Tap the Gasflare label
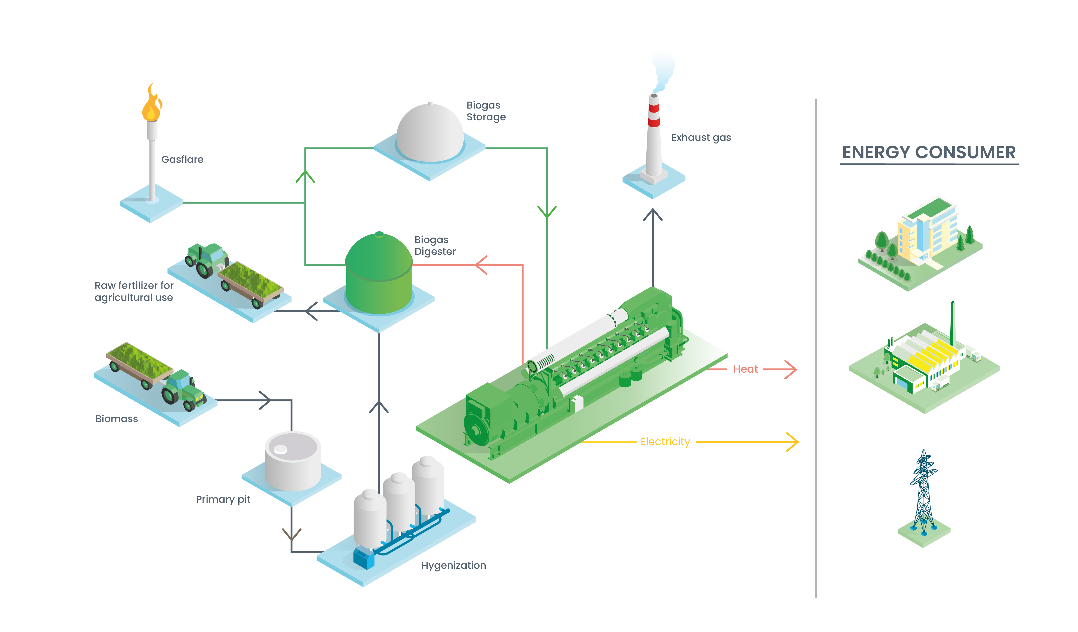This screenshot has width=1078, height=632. coord(182,159)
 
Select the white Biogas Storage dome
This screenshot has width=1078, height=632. coord(430,133)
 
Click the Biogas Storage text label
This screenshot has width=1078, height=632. coord(486,111)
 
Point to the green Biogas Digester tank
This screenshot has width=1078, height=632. coord(379,273)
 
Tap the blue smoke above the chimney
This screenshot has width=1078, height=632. coord(663,68)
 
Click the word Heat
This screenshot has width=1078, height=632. coord(745,369)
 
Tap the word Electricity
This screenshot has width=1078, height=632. coord(665,442)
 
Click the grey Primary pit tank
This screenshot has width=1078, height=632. coord(293,461)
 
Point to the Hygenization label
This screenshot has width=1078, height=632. coord(453,565)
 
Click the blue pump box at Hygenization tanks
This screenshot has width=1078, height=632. coord(363,558)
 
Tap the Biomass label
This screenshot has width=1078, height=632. coord(116,419)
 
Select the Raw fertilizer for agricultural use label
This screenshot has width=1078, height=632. coord(134,291)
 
